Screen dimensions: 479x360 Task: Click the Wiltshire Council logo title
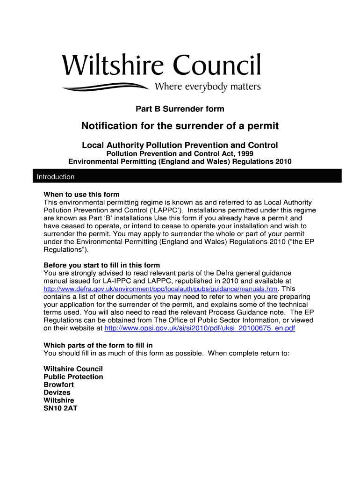(161, 65)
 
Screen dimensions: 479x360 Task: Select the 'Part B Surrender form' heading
(180, 109)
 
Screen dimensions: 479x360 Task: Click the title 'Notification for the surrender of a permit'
(180, 126)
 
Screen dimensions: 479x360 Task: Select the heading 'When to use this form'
(81, 195)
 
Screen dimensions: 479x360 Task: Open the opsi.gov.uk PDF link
(200, 328)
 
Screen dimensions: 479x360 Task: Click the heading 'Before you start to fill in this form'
(101, 265)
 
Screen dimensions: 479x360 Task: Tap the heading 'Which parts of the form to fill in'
(98, 345)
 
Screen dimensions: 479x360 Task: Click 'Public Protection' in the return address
(73, 377)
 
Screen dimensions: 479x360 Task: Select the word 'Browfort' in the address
(58, 385)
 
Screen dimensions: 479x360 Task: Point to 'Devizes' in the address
(57, 392)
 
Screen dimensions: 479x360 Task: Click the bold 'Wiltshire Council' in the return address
(73, 369)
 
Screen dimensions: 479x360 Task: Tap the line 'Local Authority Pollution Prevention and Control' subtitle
(180, 145)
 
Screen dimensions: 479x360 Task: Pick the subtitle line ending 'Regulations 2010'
(180, 161)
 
